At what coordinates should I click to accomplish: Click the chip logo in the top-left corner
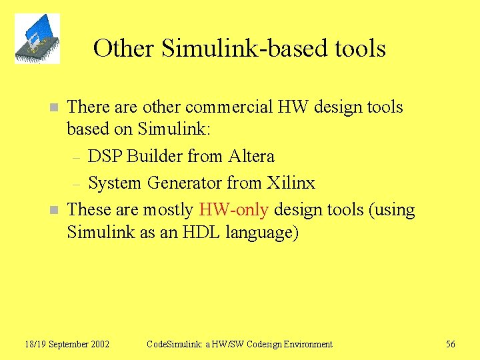point(37,39)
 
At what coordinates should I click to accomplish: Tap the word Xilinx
point(291,183)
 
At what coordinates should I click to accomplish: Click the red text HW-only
point(233,209)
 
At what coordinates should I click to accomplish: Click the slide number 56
point(451,344)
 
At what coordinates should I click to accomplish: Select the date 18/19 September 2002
point(67,344)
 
